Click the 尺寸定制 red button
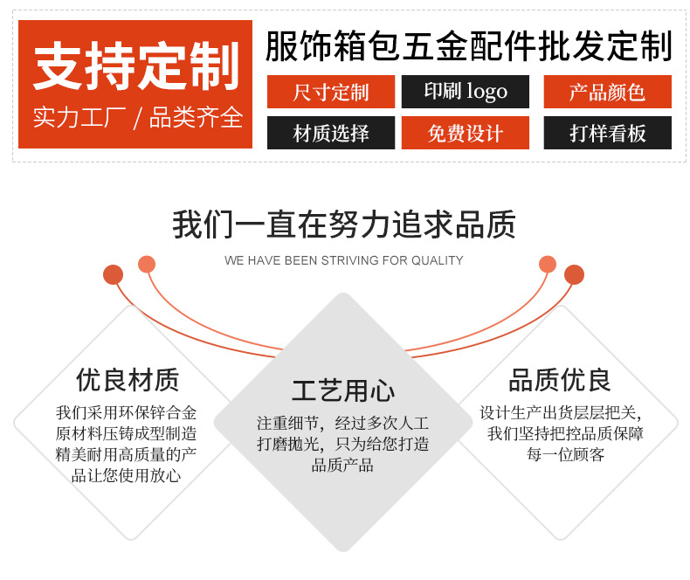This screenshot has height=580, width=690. coord(331,92)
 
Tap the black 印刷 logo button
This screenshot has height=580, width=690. coord(466,92)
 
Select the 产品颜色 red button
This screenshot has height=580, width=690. coord(607,92)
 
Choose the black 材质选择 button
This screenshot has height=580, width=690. coord(331,133)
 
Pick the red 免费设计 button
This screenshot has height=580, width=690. coord(466,133)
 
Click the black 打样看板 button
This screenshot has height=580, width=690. coord(607,133)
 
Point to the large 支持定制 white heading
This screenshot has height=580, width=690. coord(136,66)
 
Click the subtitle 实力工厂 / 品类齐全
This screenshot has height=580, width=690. coord(138,118)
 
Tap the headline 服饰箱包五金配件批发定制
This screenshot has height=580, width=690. coord(469,45)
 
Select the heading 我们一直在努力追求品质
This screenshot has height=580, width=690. coord(343,224)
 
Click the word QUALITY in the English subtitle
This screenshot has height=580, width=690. coord(437,260)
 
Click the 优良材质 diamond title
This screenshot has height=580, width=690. coord(128,380)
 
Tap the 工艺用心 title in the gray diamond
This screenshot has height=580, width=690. coord(343,390)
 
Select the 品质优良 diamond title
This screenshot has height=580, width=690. coord(560,380)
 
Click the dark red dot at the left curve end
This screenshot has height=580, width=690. coord(113,274)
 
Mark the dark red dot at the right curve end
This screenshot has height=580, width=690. coord(574,274)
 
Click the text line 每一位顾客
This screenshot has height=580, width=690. coord(565,454)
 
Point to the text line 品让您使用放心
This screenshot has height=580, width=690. coord(127,475)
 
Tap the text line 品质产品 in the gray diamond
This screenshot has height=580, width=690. coord(342,465)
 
